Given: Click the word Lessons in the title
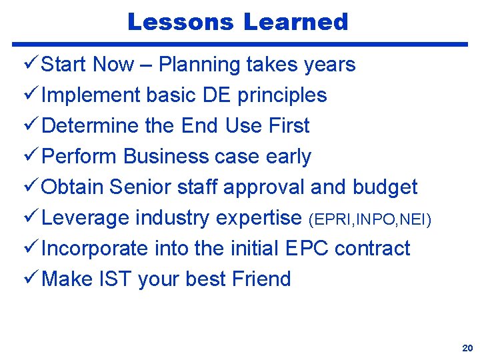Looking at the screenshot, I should pos(181,22).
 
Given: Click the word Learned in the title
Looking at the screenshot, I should pos(295,22).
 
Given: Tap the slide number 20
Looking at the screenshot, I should pos(467,349).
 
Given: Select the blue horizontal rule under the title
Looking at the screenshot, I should pos(240,45).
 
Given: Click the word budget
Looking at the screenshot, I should pos(385,187).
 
